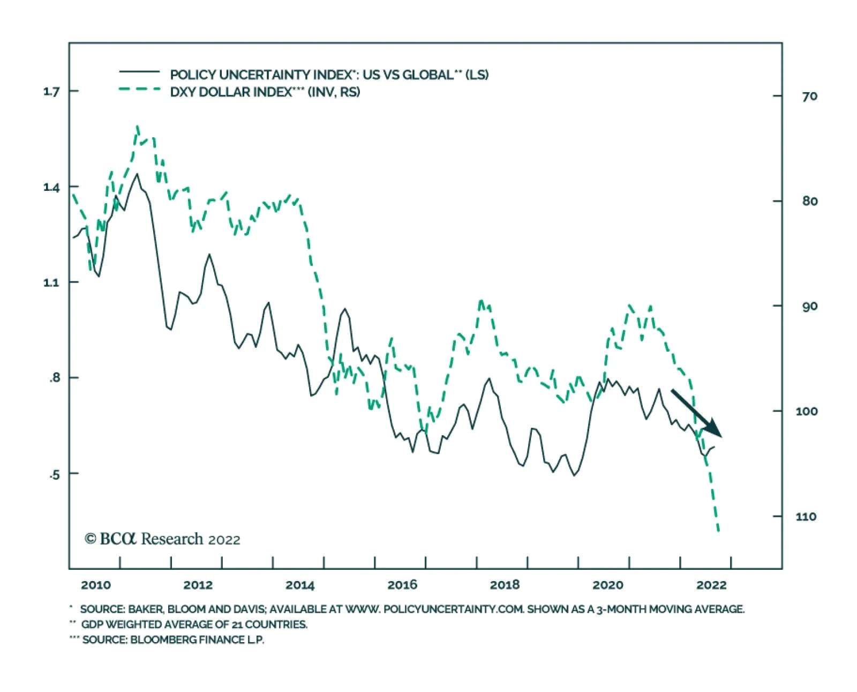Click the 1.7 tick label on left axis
pos(52,92)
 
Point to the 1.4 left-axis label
pos(52,188)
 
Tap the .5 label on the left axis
pos(54,475)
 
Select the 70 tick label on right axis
pos(809,96)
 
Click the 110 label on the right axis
pos(806,517)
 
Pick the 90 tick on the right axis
pos(809,307)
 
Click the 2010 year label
pos(96,585)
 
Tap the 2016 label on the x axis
pos(402,585)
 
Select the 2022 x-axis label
pos(711,585)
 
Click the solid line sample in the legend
pos(139,72)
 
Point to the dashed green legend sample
pos(139,90)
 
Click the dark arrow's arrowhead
pos(715,430)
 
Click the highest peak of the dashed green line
pos(138,127)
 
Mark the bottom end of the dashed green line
pos(718,531)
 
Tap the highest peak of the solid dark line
pos(137,174)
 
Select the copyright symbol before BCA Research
pos(90,539)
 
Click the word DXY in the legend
pos(183,92)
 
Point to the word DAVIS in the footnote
pos(250,609)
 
